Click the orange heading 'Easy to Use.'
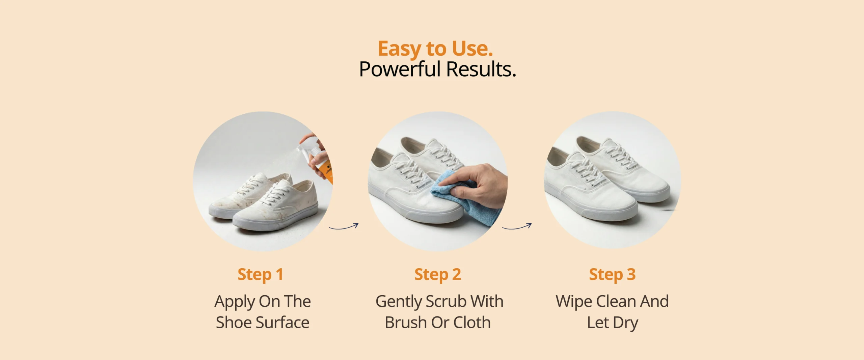click(435, 49)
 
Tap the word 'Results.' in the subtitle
click(481, 69)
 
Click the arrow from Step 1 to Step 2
click(344, 227)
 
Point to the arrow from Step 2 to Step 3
click(517, 227)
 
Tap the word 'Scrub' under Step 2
click(446, 301)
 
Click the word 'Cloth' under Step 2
click(472, 323)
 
